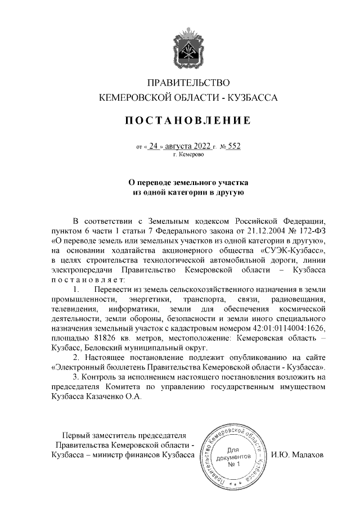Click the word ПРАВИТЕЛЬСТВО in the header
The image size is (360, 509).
(x=187, y=83)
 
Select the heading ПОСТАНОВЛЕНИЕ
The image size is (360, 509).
(x=187, y=120)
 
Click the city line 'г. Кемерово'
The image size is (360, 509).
(x=188, y=154)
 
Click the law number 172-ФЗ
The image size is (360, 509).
(x=312, y=231)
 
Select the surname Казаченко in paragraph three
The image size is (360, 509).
(x=112, y=396)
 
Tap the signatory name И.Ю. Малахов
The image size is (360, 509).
(x=297, y=455)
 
